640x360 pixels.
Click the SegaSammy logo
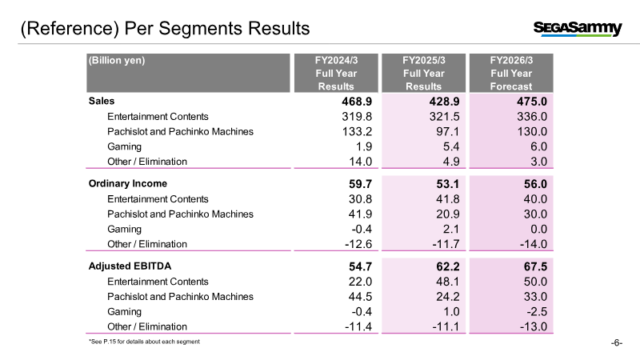[x=578, y=29]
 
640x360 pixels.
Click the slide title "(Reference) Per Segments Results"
[x=166, y=29]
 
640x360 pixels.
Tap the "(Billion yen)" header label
[x=117, y=61]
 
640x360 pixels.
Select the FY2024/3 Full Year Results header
[x=336, y=73]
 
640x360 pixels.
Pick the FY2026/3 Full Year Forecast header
[x=511, y=73]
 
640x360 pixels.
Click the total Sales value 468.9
[x=357, y=102]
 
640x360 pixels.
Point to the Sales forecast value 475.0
[x=532, y=102]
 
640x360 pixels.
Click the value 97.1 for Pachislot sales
[x=448, y=131]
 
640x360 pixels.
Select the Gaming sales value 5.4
[x=451, y=146]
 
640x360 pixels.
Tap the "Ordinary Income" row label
[x=128, y=184]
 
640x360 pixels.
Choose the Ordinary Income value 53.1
[x=448, y=184]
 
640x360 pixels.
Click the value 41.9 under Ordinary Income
[x=360, y=214]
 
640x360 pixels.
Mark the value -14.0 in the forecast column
[x=534, y=244]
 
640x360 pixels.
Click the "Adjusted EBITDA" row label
[x=130, y=266]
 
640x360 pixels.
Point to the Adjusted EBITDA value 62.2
[x=448, y=266]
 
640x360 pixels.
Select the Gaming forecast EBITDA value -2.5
[x=537, y=312]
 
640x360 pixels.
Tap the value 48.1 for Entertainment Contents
[x=448, y=282]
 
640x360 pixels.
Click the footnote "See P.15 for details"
[x=144, y=342]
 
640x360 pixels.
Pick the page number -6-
[x=617, y=343]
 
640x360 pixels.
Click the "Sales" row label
[x=102, y=102]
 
